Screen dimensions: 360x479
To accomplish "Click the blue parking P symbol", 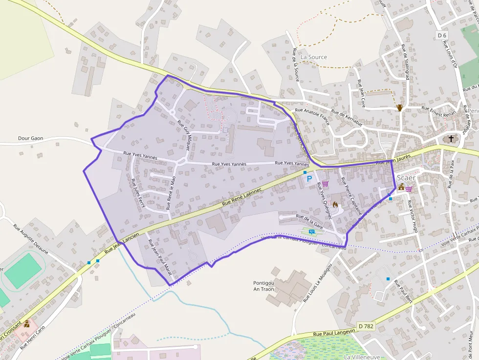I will (x=309, y=179).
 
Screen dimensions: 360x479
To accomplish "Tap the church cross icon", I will (x=451, y=139).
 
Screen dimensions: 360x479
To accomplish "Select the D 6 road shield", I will (x=442, y=35).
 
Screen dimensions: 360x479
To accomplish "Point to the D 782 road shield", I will (x=366, y=326).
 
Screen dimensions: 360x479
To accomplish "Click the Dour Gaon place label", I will (x=30, y=138).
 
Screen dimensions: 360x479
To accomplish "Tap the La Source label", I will (x=314, y=57).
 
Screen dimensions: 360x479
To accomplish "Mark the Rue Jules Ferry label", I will (x=138, y=193).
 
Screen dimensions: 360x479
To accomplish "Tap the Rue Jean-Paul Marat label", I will (x=159, y=256).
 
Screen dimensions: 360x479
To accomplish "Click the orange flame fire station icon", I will (x=335, y=204).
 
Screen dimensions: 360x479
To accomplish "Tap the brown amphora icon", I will (x=400, y=107).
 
